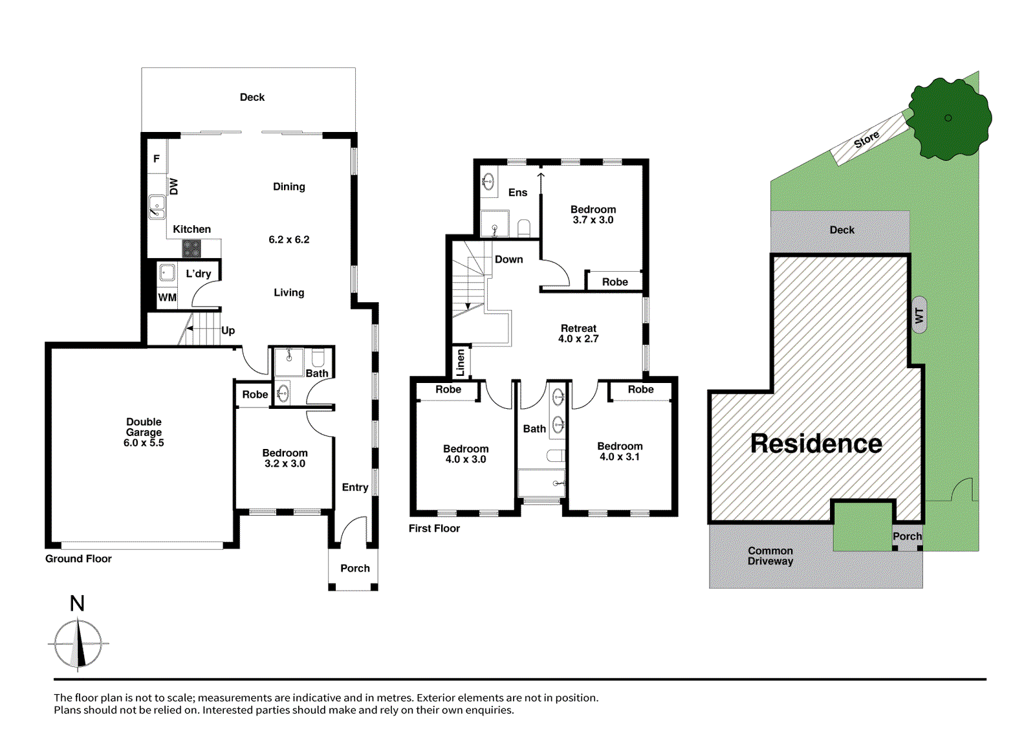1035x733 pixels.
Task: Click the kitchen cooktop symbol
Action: [191, 248]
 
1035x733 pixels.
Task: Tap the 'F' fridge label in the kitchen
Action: [156, 159]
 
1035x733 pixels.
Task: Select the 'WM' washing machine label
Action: [167, 298]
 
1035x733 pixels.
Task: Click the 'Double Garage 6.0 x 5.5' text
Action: [144, 432]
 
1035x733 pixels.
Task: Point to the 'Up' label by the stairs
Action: [228, 331]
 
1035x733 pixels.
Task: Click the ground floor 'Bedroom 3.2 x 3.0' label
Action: [285, 458]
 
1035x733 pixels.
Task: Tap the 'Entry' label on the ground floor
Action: [354, 487]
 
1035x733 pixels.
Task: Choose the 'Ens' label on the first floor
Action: [517, 193]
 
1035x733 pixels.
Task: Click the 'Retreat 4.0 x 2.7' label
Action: [578, 334]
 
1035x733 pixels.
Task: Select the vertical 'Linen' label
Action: [461, 363]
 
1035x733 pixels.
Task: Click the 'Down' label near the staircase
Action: [508, 259]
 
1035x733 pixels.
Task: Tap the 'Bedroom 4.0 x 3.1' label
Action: [620, 452]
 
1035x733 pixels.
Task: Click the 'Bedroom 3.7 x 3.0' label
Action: [593, 215]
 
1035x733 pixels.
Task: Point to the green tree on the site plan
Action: [948, 118]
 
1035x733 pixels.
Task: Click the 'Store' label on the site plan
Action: [866, 139]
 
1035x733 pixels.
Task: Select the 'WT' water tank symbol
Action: [919, 315]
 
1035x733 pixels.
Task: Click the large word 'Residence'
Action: [816, 444]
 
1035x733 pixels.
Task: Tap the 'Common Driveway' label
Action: [770, 556]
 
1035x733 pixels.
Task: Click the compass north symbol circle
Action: [78, 644]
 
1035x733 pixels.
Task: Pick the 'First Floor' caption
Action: [434, 529]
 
